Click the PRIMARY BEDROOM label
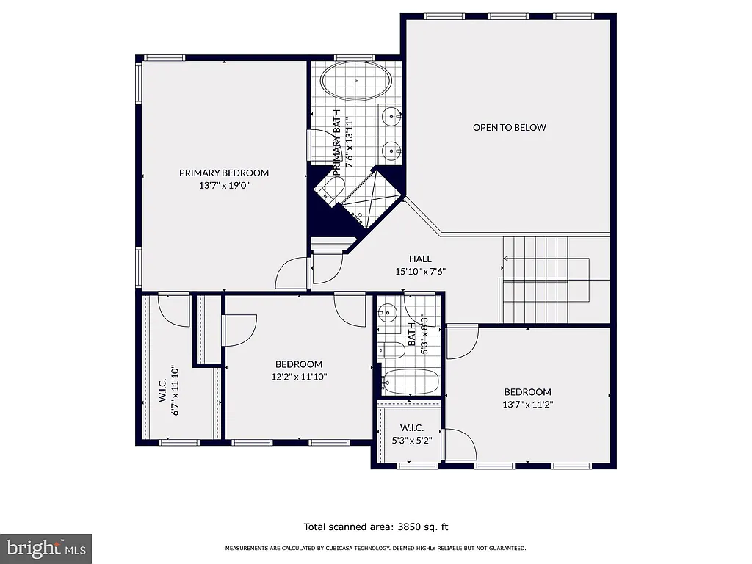point(224,173)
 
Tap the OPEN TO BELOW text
point(509,127)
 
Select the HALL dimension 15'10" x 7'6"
point(420,271)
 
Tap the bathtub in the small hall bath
point(411,382)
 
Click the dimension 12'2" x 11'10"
point(299,377)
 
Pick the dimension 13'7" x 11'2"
point(527,404)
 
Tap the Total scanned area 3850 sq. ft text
point(375,527)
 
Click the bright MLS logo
point(46,548)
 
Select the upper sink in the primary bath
point(391,115)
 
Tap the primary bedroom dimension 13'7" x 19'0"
point(224,186)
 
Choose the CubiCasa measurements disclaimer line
point(375,549)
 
